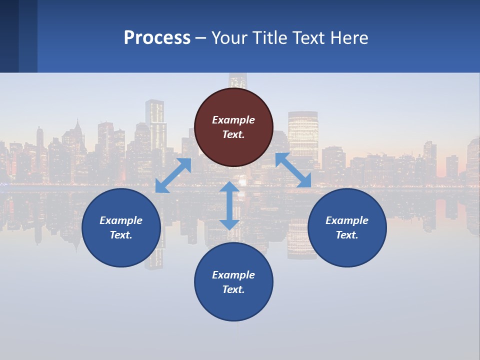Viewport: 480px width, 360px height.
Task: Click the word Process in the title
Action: pyautogui.click(x=157, y=38)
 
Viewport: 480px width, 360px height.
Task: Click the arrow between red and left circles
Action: pyautogui.click(x=173, y=175)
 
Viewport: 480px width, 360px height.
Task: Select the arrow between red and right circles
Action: pyautogui.click(x=293, y=170)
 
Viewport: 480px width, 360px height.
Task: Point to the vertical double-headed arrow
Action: pyautogui.click(x=229, y=205)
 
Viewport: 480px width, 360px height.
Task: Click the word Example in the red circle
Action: pyautogui.click(x=233, y=120)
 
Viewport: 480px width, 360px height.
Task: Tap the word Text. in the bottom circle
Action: pyautogui.click(x=233, y=289)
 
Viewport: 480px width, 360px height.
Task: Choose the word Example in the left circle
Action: pyautogui.click(x=121, y=220)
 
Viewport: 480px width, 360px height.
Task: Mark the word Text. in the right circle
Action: pyautogui.click(x=347, y=235)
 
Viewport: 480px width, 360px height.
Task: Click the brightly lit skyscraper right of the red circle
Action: pyautogui.click(x=303, y=132)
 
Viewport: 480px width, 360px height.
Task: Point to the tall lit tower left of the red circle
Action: pyautogui.click(x=155, y=125)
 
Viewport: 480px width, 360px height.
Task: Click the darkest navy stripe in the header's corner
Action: pyautogui.click(x=9, y=36)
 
